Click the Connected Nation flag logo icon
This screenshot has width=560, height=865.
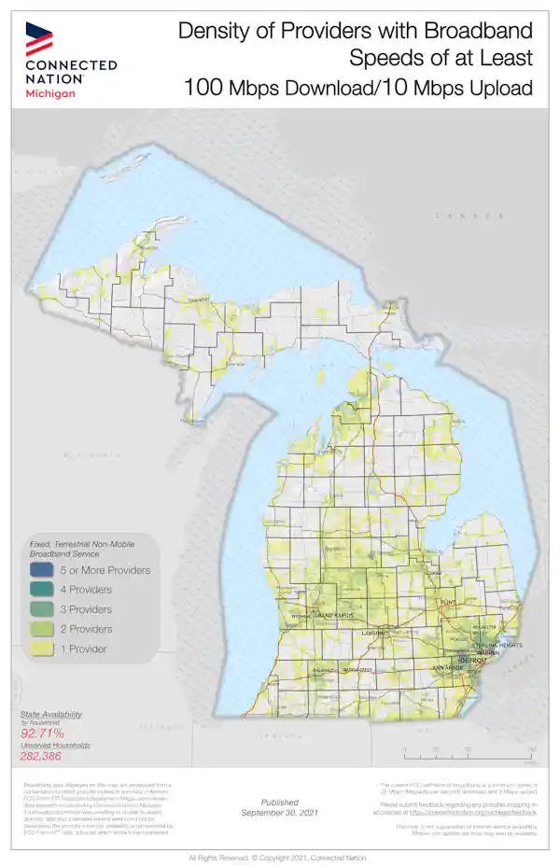(x=39, y=38)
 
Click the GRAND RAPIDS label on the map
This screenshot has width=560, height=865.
(x=334, y=617)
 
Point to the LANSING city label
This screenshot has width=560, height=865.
(x=374, y=634)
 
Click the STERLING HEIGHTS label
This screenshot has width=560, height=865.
(x=496, y=645)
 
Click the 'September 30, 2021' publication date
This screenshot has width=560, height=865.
(x=279, y=813)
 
